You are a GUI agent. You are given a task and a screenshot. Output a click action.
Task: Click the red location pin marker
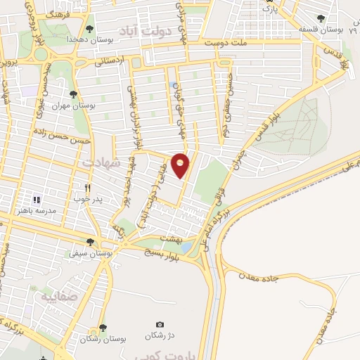pyautogui.click(x=181, y=165)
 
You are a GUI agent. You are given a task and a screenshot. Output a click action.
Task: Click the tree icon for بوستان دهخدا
pyautogui.click(x=89, y=29)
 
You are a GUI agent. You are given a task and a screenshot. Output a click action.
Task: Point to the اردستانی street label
pyautogui.click(x=112, y=61)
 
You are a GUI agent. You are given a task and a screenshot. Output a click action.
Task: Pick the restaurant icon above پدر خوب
pyautogui.click(x=87, y=188)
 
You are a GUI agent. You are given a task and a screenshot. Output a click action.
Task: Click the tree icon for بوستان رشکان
pyautogui.click(x=103, y=328)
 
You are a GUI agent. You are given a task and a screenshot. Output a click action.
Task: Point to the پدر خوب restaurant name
pyautogui.click(x=89, y=200)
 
